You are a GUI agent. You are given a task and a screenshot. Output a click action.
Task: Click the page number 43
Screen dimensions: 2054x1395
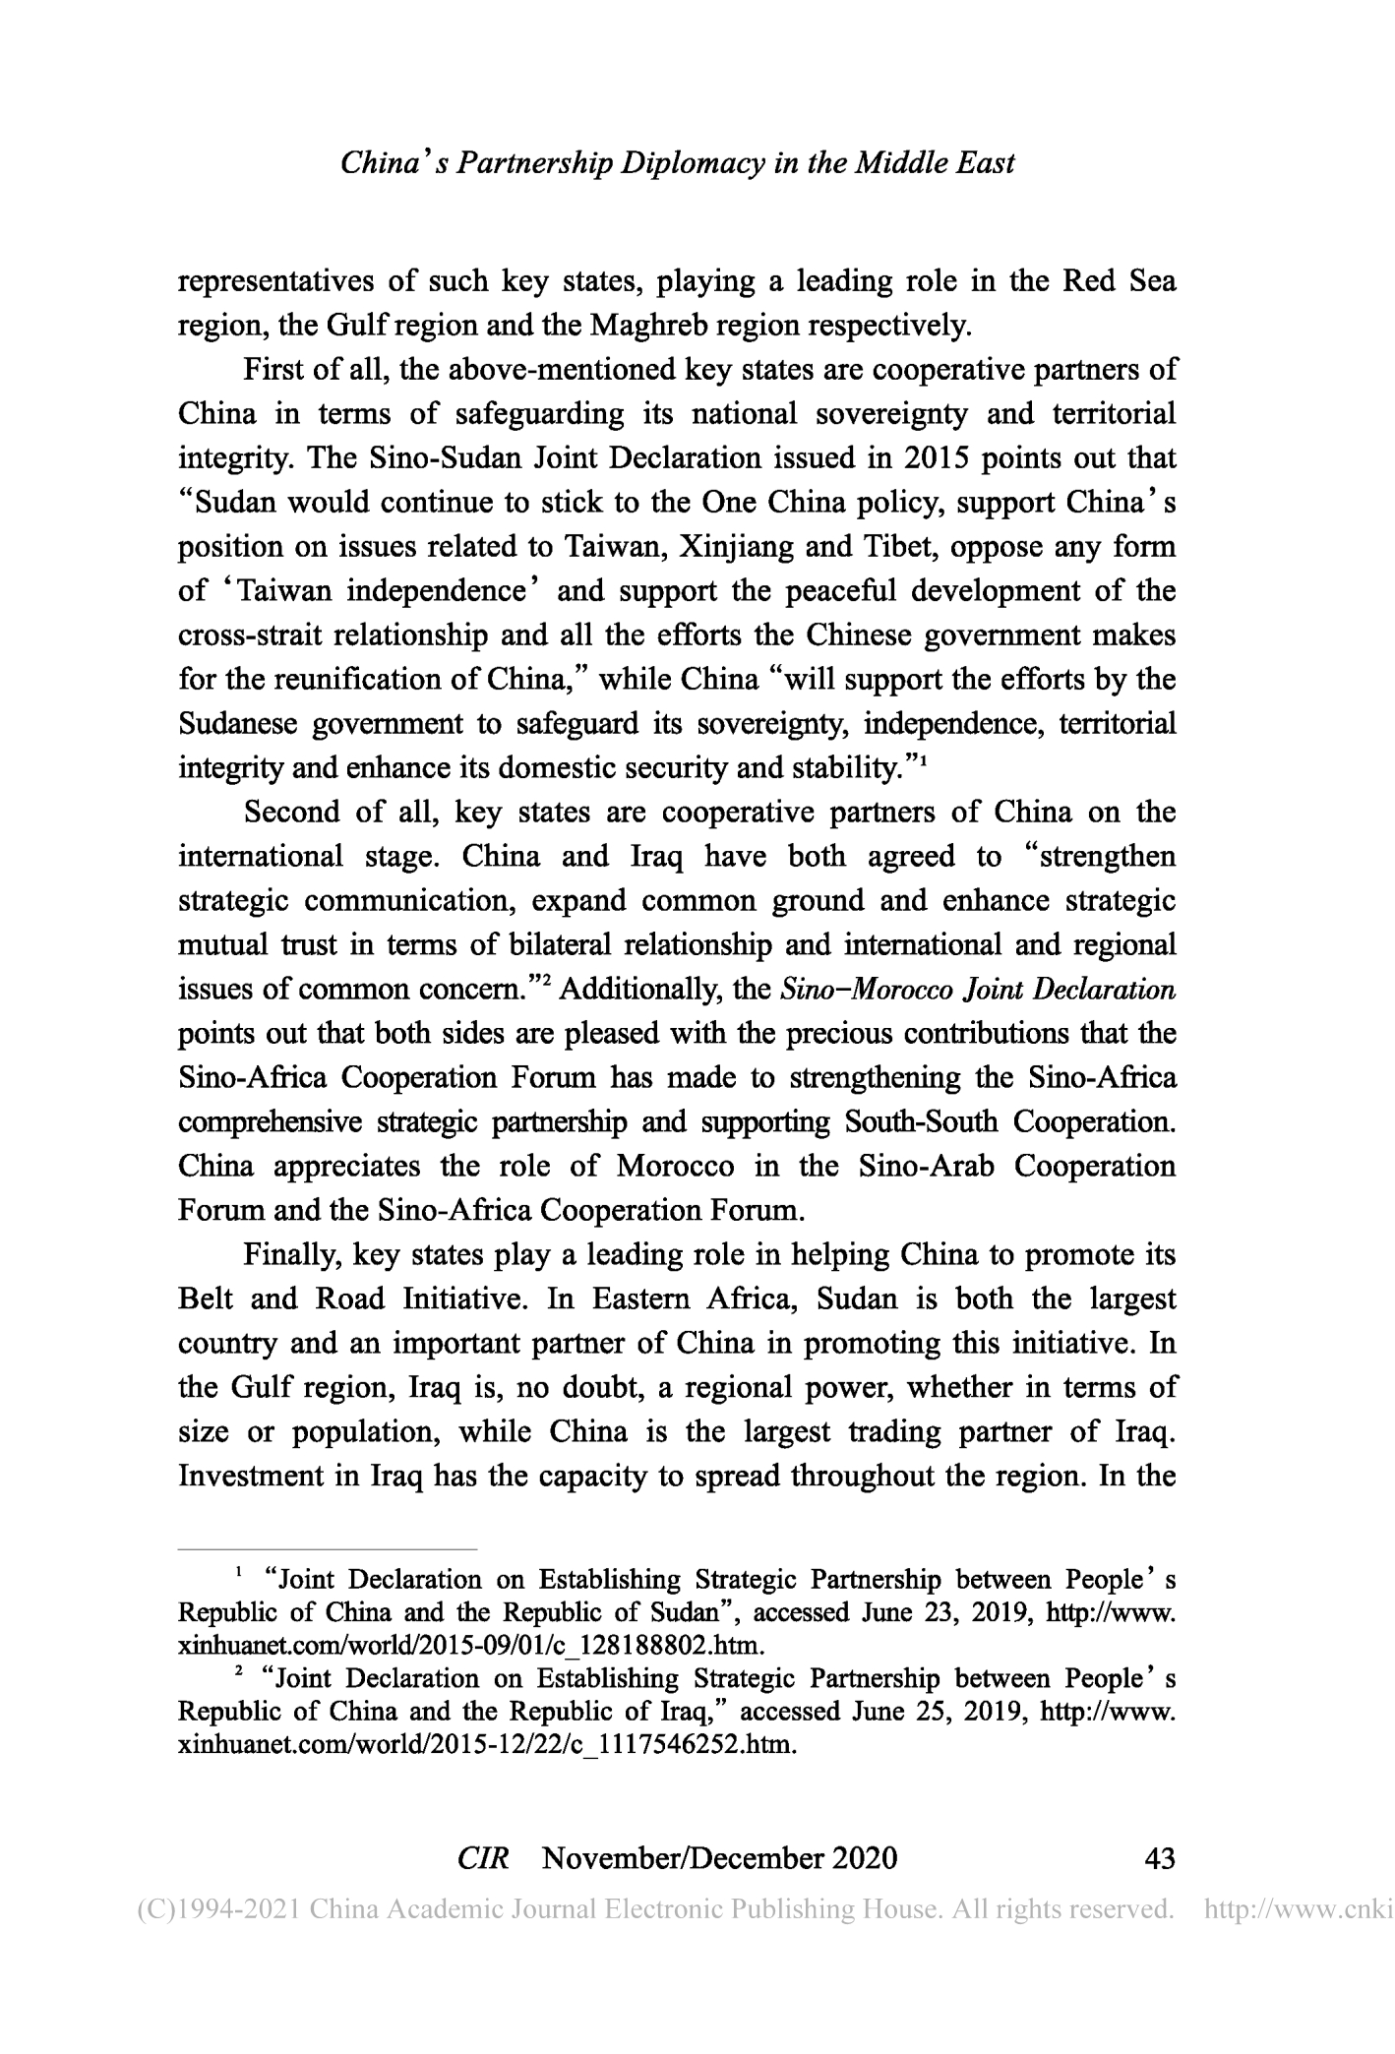(1161, 1858)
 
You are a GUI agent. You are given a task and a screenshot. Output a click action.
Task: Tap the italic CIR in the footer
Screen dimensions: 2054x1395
(483, 1858)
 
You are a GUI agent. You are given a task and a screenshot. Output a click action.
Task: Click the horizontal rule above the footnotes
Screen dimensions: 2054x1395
(327, 1548)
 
